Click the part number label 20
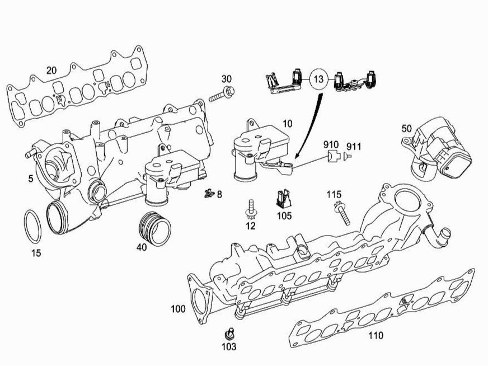pos(51,71)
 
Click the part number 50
pos(407,128)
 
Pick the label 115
pos(334,195)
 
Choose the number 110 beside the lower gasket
pos(376,336)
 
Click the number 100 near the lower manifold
pos(179,309)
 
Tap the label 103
pos(229,347)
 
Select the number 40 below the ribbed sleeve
pos(142,247)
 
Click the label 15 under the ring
pos(36,254)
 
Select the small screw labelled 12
pos(250,208)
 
